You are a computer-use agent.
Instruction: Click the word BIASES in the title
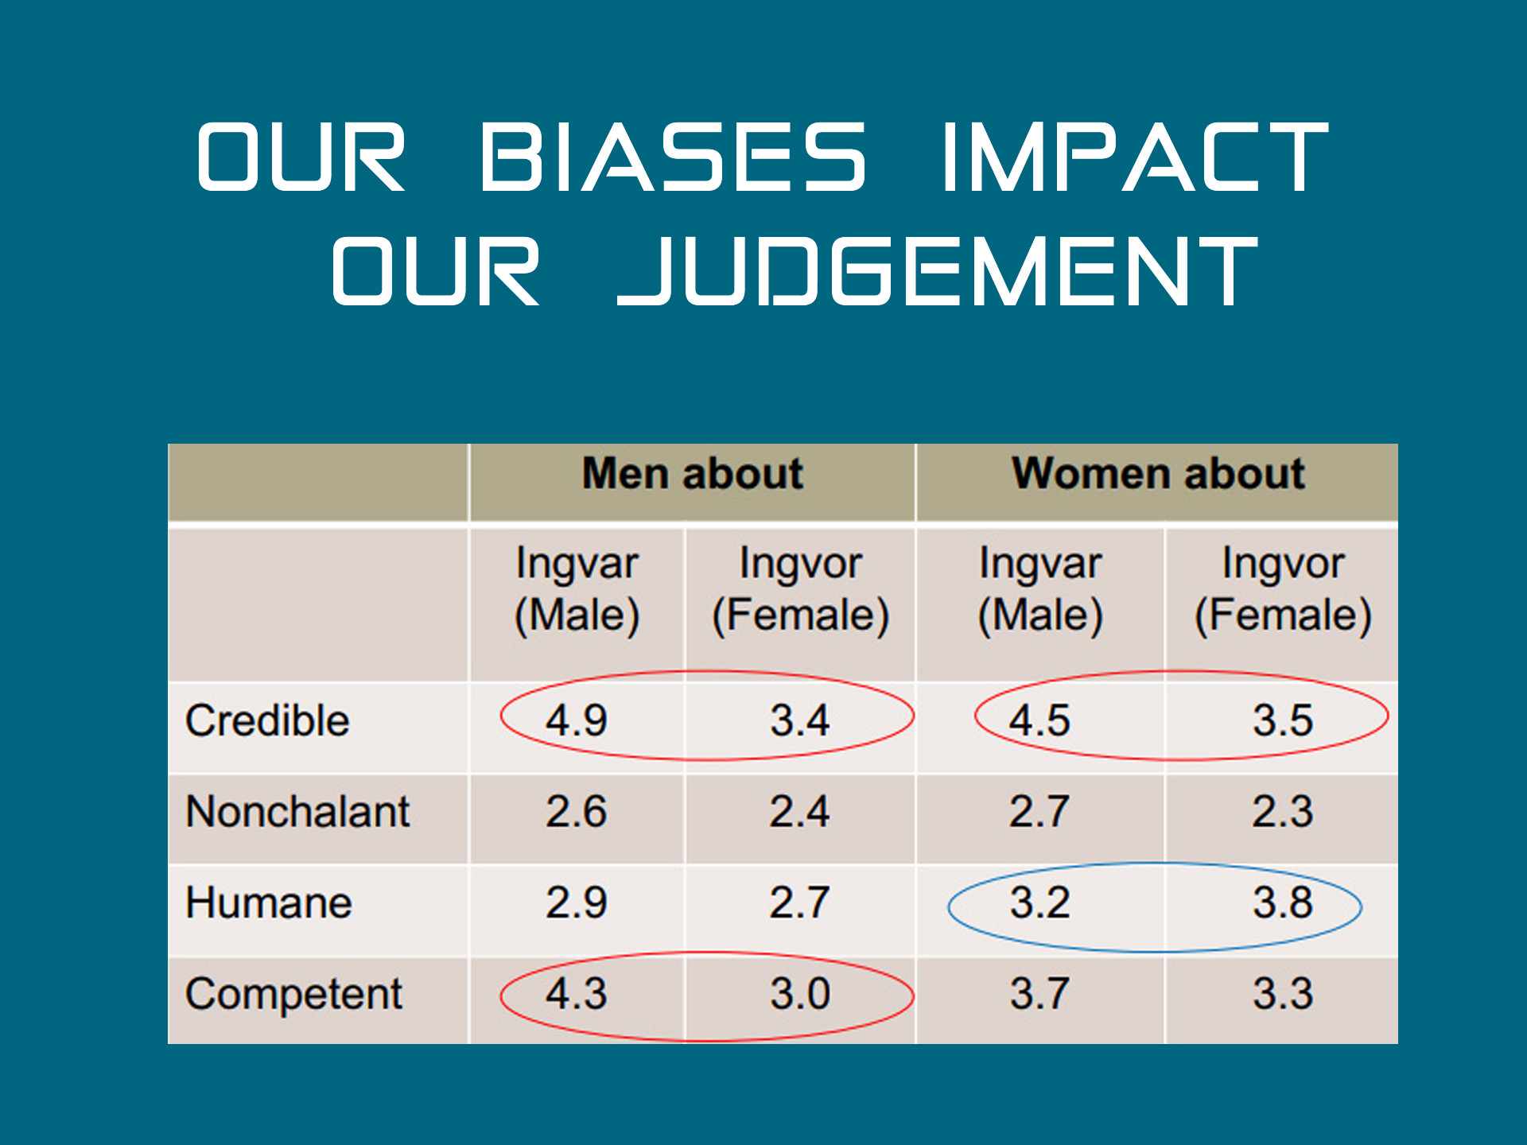(x=672, y=157)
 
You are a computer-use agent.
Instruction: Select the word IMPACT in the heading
(x=1135, y=157)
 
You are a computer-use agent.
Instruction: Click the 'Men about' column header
(x=692, y=474)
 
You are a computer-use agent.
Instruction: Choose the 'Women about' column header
(x=1157, y=474)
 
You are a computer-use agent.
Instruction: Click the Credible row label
(x=267, y=720)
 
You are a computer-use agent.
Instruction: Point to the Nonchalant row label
(x=297, y=812)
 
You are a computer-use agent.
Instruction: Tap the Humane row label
(x=269, y=903)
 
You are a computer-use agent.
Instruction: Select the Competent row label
(x=293, y=995)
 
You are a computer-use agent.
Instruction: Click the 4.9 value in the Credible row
(x=576, y=720)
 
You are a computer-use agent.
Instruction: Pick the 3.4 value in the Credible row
(x=799, y=720)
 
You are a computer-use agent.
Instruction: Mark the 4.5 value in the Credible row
(x=1039, y=720)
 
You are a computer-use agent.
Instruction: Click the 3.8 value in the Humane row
(x=1283, y=903)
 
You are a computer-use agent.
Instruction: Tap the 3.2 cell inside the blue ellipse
(x=1039, y=903)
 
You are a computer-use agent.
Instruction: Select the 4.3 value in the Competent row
(x=576, y=994)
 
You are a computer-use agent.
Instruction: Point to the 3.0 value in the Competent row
(x=799, y=994)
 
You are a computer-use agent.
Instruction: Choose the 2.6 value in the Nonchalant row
(x=576, y=812)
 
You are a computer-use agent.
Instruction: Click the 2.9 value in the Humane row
(x=576, y=903)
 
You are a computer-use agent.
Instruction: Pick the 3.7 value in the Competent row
(x=1039, y=994)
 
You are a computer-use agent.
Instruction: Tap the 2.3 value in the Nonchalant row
(x=1283, y=812)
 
